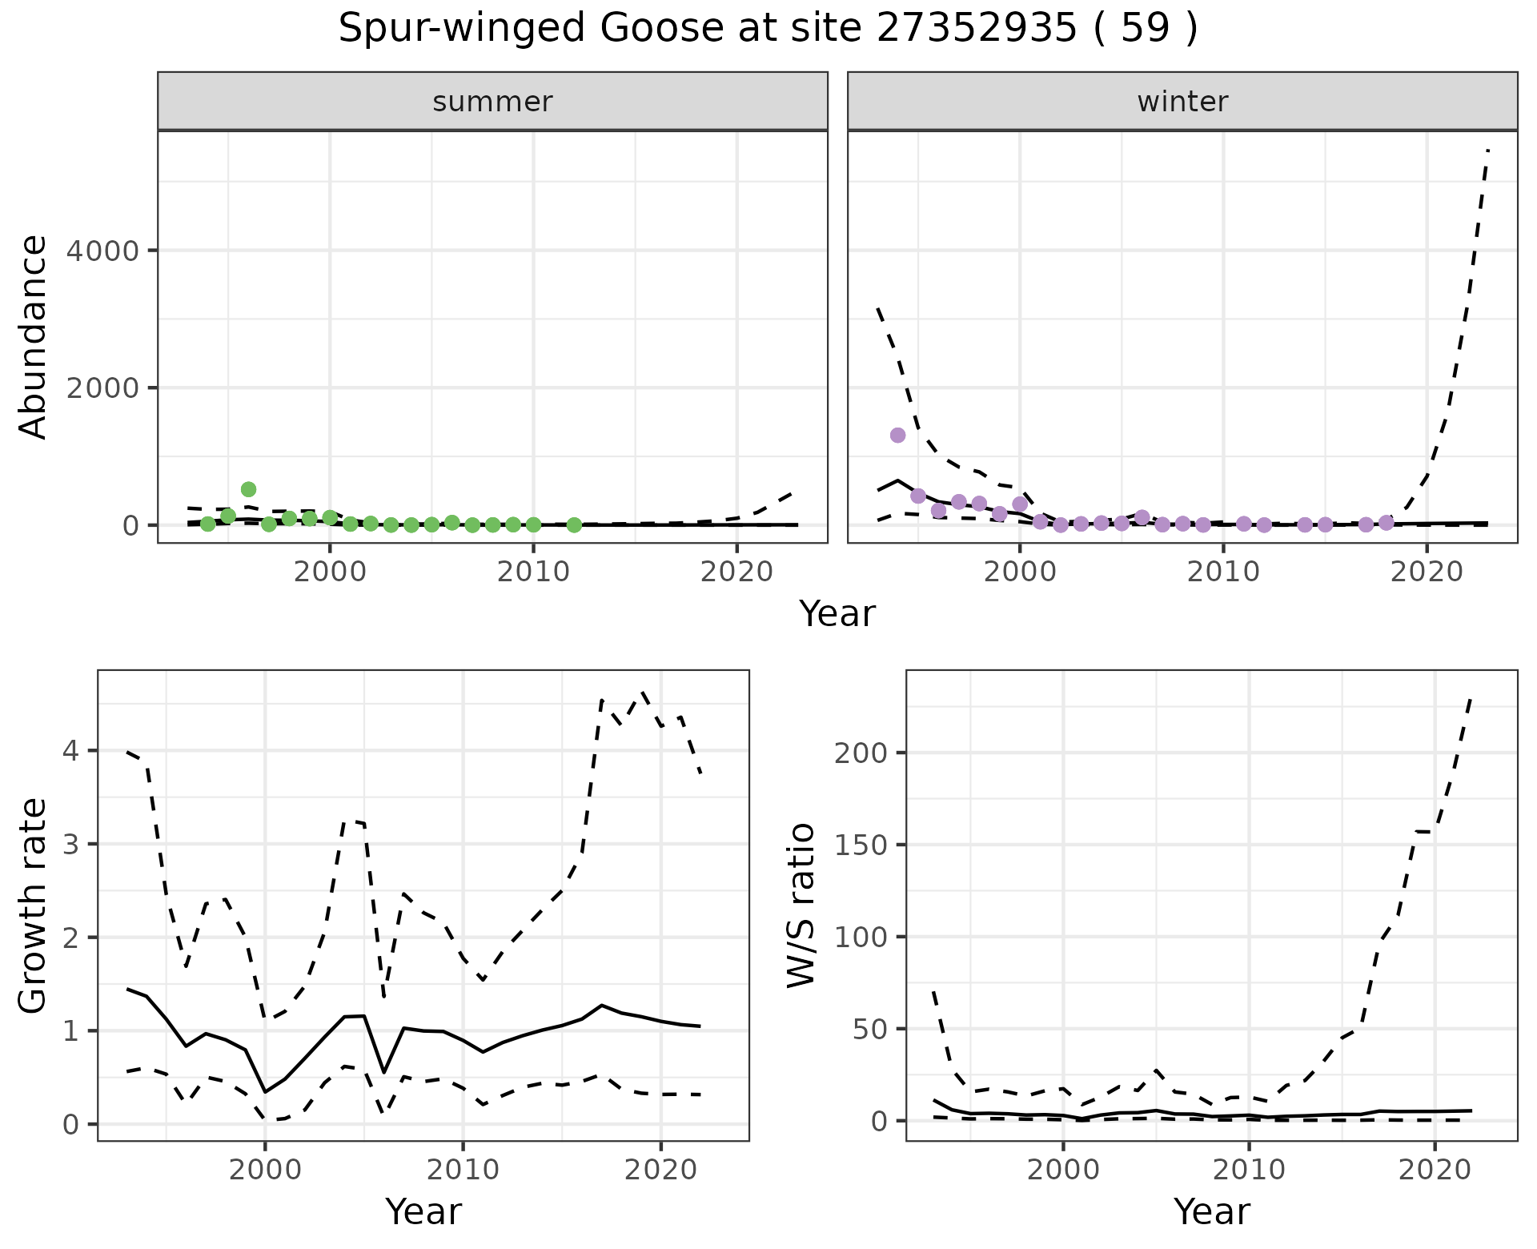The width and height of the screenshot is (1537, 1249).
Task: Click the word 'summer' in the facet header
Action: tap(492, 102)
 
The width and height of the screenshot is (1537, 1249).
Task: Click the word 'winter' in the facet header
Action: tap(1182, 102)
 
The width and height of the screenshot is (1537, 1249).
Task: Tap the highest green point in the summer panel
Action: tap(248, 489)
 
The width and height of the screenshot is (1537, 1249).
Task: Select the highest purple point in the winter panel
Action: tap(897, 435)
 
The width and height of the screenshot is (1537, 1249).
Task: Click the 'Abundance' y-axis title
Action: tap(34, 336)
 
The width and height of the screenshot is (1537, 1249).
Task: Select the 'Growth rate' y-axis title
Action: tap(34, 906)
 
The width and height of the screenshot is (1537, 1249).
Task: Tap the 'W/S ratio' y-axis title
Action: tap(801, 906)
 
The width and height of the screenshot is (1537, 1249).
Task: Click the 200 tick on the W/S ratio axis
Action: tap(859, 753)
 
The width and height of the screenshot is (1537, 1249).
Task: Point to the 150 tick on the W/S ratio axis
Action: tap(859, 845)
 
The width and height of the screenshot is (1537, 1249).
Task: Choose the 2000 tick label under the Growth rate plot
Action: tap(265, 1170)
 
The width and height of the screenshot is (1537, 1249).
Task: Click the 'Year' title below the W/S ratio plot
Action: tap(1212, 1211)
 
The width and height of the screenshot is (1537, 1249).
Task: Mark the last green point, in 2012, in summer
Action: tap(574, 524)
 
